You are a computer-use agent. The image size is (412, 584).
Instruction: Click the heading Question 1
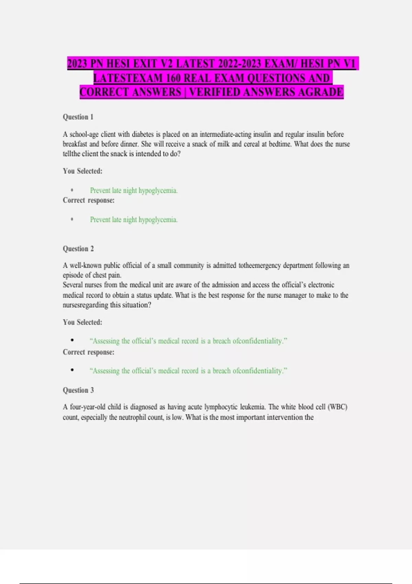coord(78,117)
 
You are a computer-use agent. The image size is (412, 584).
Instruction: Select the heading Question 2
coord(78,249)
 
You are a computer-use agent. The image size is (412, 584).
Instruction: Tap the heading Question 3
coord(78,390)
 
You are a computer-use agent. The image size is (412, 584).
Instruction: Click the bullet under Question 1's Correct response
coord(72,219)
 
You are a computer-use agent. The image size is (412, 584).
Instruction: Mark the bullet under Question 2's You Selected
coord(72,340)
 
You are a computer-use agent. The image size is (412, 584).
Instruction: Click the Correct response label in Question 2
coord(89,352)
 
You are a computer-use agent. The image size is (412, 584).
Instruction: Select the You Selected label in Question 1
coord(82,171)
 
